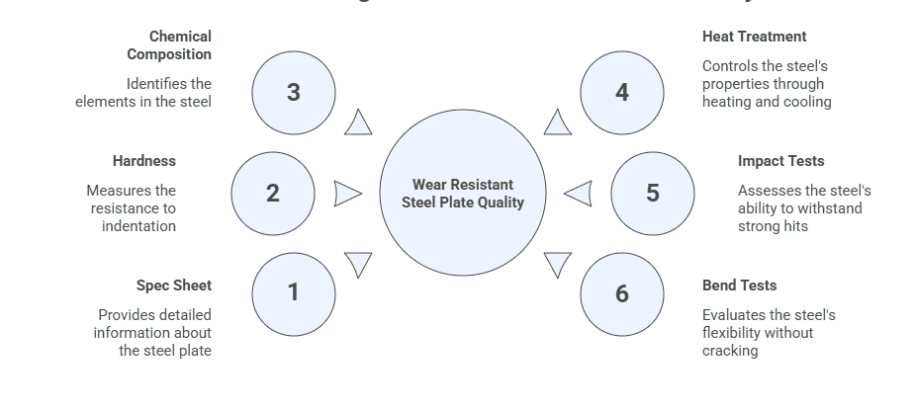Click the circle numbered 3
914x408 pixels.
coord(293,92)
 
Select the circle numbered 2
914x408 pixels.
coord(273,194)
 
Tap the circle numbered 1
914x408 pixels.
coord(293,293)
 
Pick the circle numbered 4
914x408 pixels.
coord(621,92)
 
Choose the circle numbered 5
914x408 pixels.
coord(652,194)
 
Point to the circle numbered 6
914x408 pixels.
coord(621,293)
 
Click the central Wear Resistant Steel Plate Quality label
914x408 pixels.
coord(463,194)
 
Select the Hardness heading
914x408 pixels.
coord(143,161)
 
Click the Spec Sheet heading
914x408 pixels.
coord(174,286)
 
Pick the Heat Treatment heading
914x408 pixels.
coord(754,37)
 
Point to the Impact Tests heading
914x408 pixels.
coord(780,161)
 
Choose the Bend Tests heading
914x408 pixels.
coord(739,286)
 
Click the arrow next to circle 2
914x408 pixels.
coord(347,194)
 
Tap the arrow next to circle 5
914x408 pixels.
coord(580,194)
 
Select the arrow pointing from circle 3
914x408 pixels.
coord(359,123)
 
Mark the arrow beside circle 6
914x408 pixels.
coord(557,264)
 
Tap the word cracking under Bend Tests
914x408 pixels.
coord(730,351)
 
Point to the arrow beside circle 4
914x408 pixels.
coord(558,123)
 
